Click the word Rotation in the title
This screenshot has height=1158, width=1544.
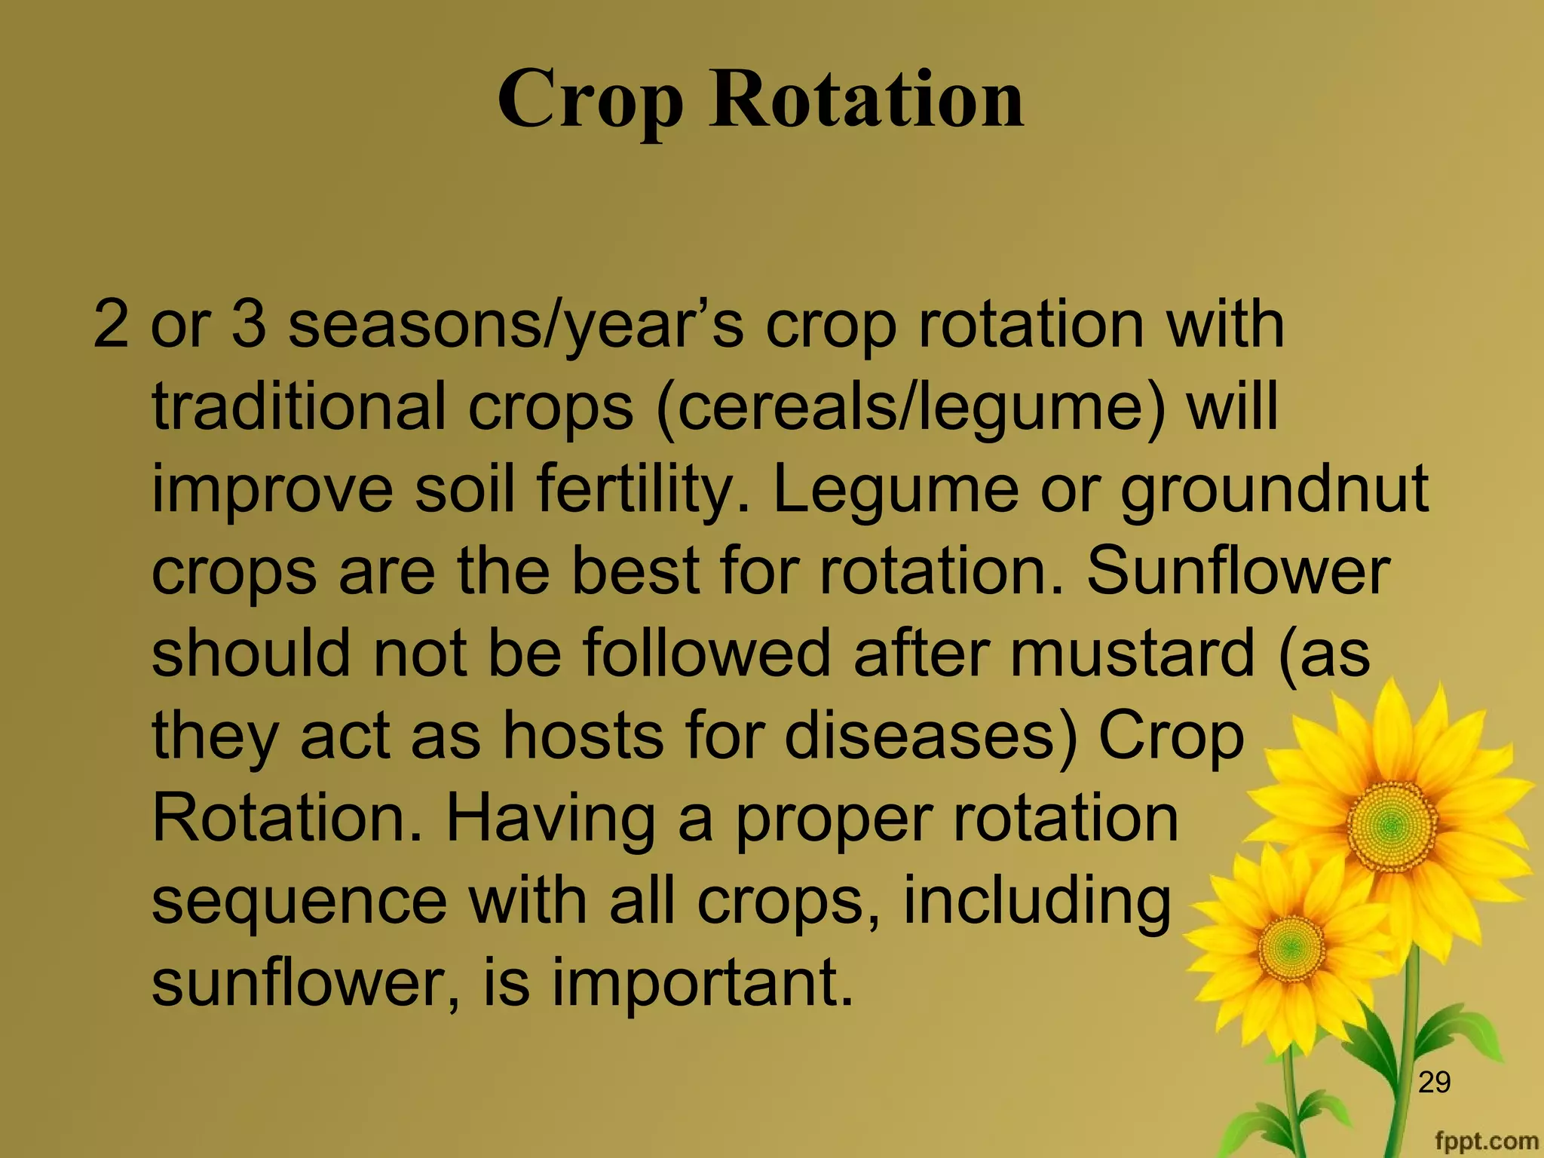[x=866, y=99]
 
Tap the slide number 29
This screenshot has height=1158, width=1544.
[x=1433, y=1082]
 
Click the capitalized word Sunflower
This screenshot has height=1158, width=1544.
[x=1237, y=571]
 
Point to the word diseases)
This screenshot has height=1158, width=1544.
[x=932, y=735]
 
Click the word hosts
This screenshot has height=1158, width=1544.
[x=584, y=735]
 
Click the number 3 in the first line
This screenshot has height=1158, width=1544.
[x=249, y=326]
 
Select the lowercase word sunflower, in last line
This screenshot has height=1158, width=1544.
[x=305, y=983]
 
